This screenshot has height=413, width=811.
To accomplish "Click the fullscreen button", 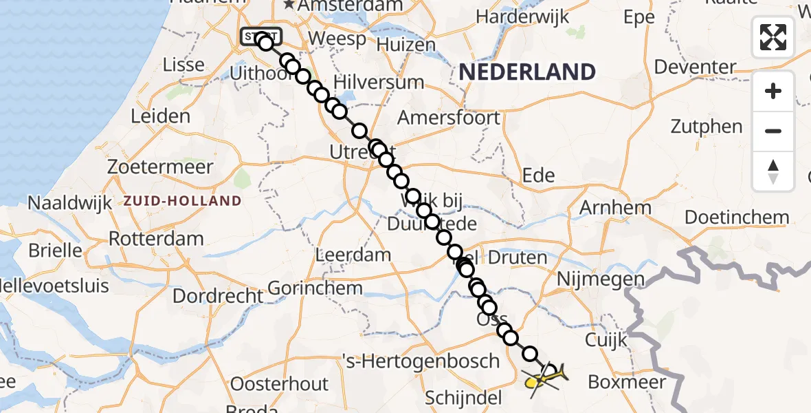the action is [773, 37].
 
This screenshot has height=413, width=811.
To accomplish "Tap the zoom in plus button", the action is [773, 91].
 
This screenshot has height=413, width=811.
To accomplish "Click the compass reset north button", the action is [773, 171].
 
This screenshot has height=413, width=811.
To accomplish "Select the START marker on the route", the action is [260, 36].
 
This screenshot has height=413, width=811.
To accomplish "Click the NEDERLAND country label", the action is [526, 72].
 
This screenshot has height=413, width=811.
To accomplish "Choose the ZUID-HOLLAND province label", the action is [182, 202].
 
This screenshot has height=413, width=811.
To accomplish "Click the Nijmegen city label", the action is [601, 279].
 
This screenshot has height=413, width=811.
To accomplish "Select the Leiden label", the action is [160, 116].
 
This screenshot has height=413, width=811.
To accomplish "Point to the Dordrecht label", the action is [217, 296].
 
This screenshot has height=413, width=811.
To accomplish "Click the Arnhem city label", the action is [615, 207].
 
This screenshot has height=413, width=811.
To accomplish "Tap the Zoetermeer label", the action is [160, 167].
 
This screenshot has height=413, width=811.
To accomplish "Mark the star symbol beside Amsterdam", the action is [289, 5].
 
